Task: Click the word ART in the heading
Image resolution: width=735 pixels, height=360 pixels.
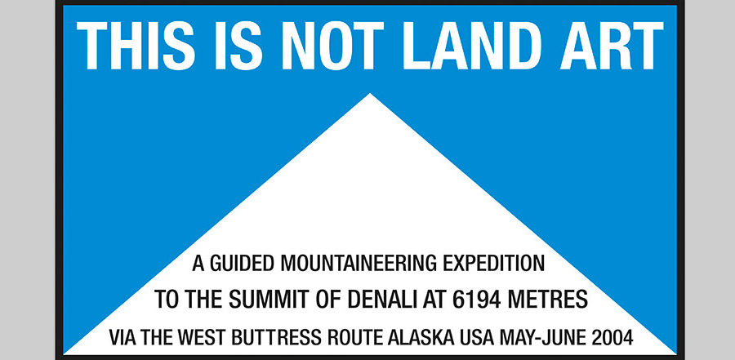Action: [612, 46]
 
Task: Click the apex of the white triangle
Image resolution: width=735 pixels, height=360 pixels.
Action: [370, 93]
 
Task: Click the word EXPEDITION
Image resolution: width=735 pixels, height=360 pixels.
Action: [494, 264]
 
